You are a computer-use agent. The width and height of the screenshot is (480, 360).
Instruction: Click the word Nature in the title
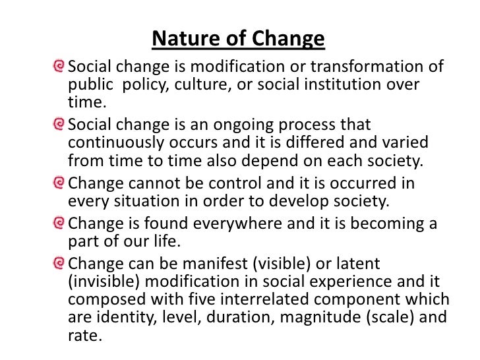pos(181,40)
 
